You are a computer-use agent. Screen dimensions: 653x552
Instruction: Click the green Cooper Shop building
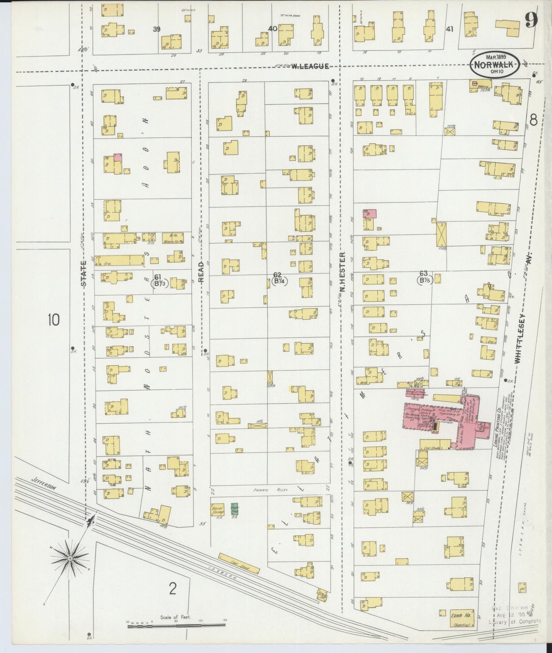click(234, 508)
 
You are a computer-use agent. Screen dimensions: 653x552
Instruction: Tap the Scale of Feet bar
click(176, 625)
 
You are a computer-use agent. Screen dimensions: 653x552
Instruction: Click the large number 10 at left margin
click(53, 320)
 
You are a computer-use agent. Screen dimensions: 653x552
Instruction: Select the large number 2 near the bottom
click(172, 590)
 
